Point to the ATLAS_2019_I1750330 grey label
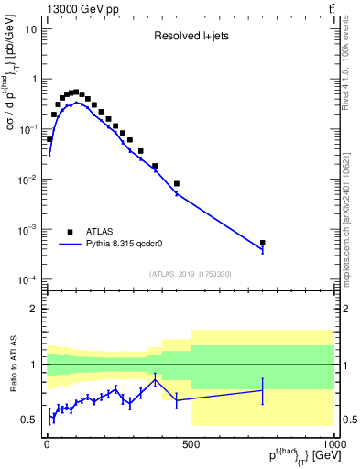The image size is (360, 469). coord(190,274)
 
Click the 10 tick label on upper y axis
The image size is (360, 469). coord(30,28)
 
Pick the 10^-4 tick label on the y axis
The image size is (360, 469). coord(27,279)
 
